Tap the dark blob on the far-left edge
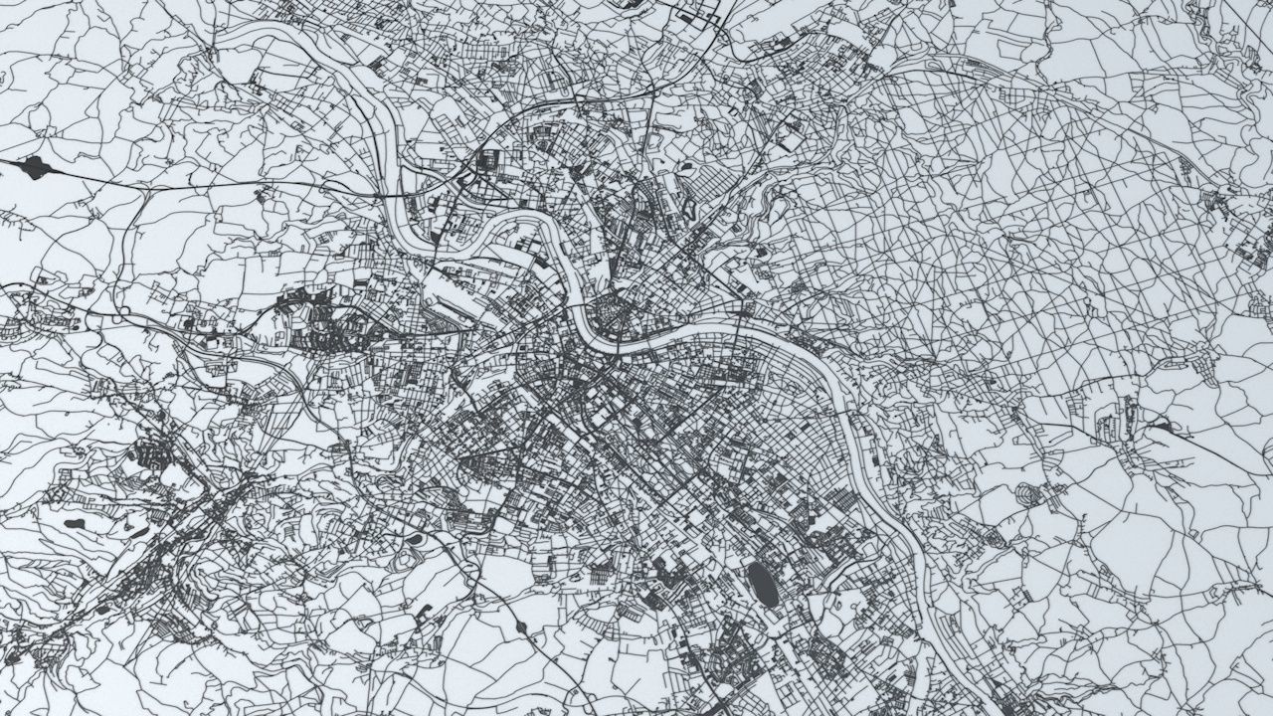pyautogui.click(x=35, y=167)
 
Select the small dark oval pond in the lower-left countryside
pyautogui.click(x=74, y=522)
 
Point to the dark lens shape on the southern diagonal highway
pyautogui.click(x=520, y=626)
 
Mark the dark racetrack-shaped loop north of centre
pyautogui.click(x=690, y=210)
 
